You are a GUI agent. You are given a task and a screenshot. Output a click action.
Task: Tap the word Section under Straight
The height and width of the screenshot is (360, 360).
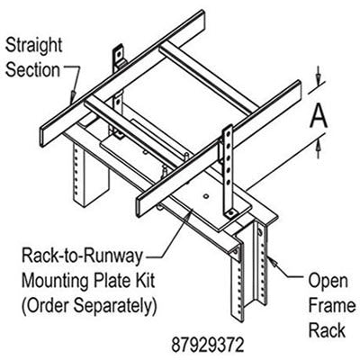(33, 68)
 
